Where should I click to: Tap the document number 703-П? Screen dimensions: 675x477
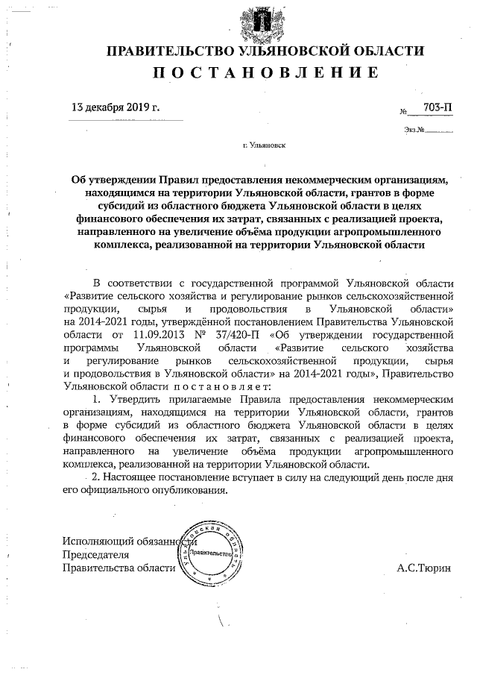click(437, 108)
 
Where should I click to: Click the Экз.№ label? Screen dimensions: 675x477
click(414, 130)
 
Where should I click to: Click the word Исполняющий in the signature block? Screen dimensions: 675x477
click(98, 541)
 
